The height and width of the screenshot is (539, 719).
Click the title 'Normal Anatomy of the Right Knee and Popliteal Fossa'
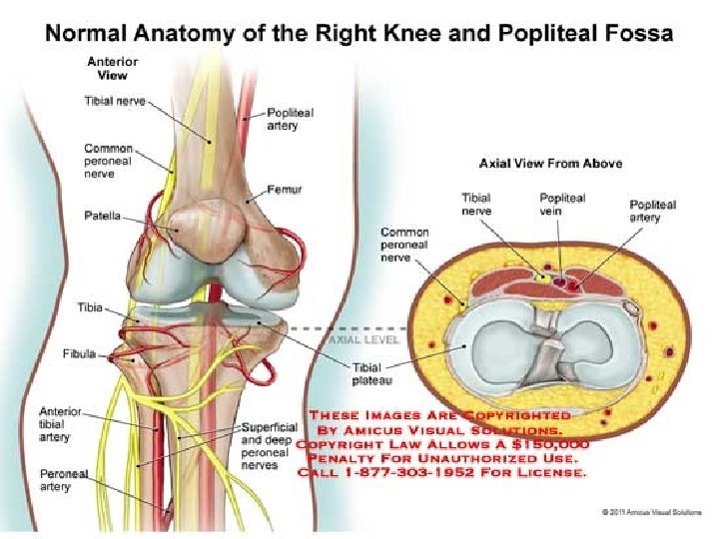pos(359,33)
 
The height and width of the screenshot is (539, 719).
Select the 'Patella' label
pos(103,216)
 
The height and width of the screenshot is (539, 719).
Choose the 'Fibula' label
pos(79,354)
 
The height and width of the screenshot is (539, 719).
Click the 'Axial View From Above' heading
pos(550,163)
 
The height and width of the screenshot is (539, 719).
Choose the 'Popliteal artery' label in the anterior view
pos(290,119)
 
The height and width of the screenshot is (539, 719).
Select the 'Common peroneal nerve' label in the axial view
pos(403,246)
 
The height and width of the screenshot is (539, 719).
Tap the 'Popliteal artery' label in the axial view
pos(652,211)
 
